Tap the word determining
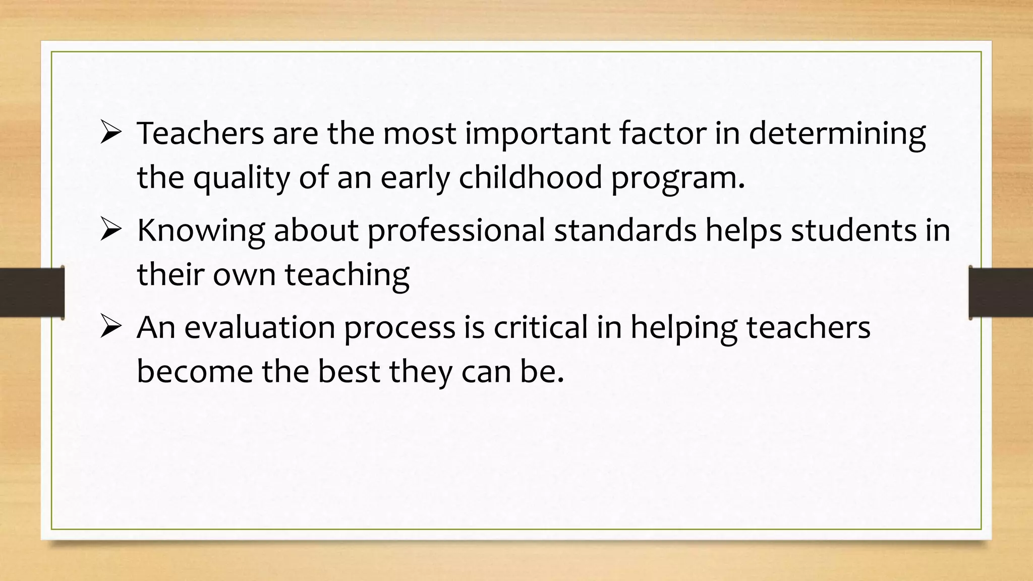[837, 134]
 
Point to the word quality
[242, 179]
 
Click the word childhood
[530, 178]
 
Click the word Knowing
[201, 231]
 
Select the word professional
[456, 231]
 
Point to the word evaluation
[260, 327]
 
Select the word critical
[540, 327]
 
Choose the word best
[349, 372]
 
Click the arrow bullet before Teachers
[110, 133]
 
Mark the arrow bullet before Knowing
[110, 230]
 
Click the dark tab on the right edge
[1001, 293]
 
